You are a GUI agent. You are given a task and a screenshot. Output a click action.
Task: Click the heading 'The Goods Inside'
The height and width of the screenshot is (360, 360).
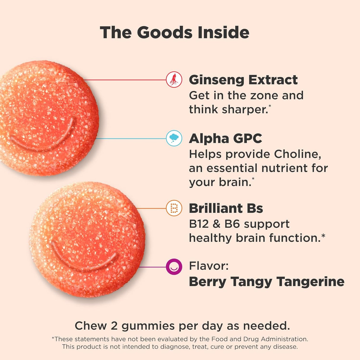coord(174,32)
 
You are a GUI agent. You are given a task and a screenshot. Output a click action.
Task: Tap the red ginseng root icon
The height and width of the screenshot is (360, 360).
coord(174,79)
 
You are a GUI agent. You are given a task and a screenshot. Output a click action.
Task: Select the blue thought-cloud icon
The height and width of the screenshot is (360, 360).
coord(174,138)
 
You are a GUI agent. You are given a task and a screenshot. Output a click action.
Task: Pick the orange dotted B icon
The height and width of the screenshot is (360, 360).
coord(174,208)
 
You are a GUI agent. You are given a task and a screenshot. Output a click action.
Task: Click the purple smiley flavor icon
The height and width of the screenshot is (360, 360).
coord(174,267)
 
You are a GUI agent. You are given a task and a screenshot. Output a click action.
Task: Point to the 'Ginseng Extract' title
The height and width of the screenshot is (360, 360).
coord(243,80)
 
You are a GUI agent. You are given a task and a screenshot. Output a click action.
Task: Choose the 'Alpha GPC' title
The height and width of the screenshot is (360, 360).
coord(225,138)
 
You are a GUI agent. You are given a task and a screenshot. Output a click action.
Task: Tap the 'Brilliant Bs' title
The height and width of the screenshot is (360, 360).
coord(226,208)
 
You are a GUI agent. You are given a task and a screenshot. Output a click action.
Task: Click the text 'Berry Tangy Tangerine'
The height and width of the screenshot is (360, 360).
coord(267,281)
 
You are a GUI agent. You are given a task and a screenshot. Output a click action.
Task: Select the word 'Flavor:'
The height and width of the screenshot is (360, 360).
coord(209,266)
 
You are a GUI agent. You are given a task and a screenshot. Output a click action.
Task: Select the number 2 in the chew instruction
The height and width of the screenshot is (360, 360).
coord(114,326)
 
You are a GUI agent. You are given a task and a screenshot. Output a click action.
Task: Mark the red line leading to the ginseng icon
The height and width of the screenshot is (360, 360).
coord(125,80)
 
